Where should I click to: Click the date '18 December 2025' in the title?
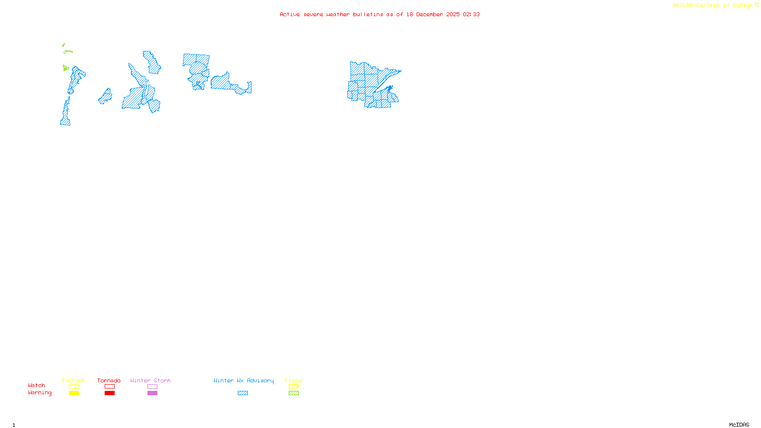(433, 14)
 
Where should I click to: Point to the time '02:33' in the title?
(471, 14)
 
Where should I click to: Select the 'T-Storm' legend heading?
(73, 380)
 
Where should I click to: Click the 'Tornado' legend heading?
(109, 380)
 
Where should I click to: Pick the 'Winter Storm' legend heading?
(150, 380)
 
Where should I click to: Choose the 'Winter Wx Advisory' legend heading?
(244, 380)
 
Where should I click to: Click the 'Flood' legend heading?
(293, 380)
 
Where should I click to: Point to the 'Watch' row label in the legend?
(37, 385)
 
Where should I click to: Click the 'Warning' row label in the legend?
(39, 393)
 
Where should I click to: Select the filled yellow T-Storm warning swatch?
(74, 393)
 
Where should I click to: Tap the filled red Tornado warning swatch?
(109, 393)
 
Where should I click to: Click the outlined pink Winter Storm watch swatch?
(152, 387)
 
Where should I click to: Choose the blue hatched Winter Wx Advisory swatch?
(243, 393)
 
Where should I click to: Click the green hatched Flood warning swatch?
(293, 393)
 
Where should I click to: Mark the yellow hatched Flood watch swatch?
(293, 387)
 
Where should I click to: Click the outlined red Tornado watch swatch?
(109, 387)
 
